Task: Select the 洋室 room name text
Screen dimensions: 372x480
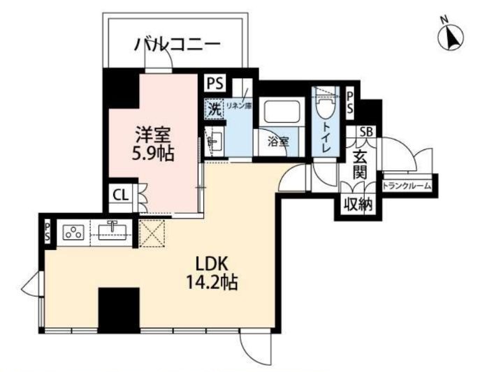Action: click(x=152, y=131)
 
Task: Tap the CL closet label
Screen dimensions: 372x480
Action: click(x=120, y=196)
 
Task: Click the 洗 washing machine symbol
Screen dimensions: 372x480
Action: click(x=214, y=108)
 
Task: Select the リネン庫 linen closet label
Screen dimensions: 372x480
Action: click(x=242, y=106)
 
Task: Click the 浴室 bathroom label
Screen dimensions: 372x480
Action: click(x=278, y=142)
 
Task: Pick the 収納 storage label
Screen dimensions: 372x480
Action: click(x=356, y=204)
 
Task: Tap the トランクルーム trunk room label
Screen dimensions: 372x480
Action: click(x=407, y=186)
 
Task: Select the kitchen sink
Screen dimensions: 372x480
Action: click(x=112, y=230)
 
